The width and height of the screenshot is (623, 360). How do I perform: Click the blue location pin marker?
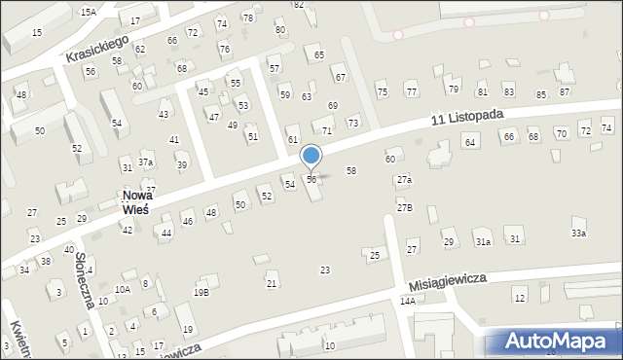(x=311, y=156)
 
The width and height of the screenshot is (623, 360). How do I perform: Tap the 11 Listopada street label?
(x=468, y=117)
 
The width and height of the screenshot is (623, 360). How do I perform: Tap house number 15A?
(x=89, y=12)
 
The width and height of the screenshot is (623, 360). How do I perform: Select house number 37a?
(x=145, y=162)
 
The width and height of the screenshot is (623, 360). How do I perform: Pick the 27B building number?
(x=404, y=208)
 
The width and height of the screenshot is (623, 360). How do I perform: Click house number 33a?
(x=579, y=234)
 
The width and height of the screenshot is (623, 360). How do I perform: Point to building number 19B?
(x=201, y=292)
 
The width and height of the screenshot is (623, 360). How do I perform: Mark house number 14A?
(x=407, y=302)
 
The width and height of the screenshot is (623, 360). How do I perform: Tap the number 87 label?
(x=565, y=92)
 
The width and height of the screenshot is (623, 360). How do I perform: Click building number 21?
(x=272, y=283)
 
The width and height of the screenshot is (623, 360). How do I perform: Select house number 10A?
(x=122, y=289)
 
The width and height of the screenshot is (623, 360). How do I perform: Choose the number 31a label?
(x=483, y=240)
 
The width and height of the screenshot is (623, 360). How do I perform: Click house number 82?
(x=299, y=5)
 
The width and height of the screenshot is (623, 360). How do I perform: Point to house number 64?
(x=469, y=143)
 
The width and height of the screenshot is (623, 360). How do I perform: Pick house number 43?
(x=164, y=115)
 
